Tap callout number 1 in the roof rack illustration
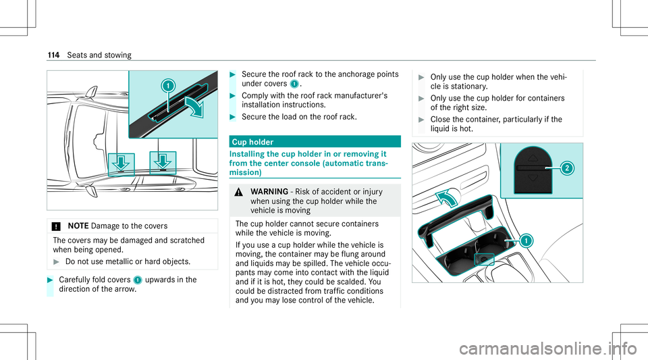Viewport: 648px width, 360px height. point(168,86)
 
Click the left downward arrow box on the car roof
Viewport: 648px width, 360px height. point(122,164)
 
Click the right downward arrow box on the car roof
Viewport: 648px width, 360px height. point(163,164)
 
